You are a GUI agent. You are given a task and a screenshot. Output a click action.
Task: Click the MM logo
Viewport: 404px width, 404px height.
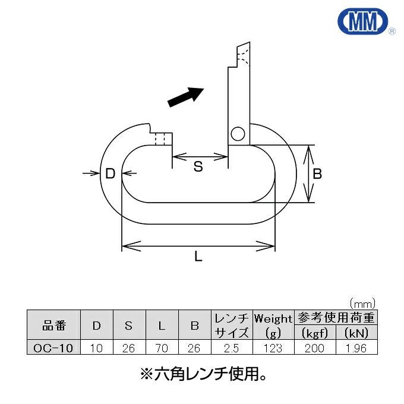pos(361,21)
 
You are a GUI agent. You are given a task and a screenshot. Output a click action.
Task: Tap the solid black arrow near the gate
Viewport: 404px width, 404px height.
pos(186,96)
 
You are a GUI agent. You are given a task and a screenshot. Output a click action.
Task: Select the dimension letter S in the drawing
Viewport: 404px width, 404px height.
pos(198,167)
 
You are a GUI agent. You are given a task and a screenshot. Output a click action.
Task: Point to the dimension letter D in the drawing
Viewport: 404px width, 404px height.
pos(110,173)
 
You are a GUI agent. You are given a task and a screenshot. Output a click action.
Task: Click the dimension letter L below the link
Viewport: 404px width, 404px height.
pos(198,257)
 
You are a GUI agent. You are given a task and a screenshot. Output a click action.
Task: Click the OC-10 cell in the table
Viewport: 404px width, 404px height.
pos(54,348)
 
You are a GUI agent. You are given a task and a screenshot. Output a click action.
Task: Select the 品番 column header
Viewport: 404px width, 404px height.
pos(54,326)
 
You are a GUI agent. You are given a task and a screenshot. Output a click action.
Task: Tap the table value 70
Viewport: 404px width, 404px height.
pos(162,348)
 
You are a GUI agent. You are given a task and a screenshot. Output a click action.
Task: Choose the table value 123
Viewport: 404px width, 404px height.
pos(273,348)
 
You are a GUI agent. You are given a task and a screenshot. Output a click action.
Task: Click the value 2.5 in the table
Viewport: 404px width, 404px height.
pos(232,348)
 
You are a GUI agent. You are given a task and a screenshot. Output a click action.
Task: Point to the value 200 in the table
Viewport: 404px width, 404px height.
pos(314,348)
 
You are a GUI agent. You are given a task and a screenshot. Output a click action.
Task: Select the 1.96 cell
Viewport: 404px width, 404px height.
pos(356,348)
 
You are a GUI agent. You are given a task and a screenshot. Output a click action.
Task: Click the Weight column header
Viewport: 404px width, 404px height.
pos(273,319)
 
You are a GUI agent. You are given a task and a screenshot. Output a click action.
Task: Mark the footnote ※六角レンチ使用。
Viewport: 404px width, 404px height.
pos(202,374)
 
